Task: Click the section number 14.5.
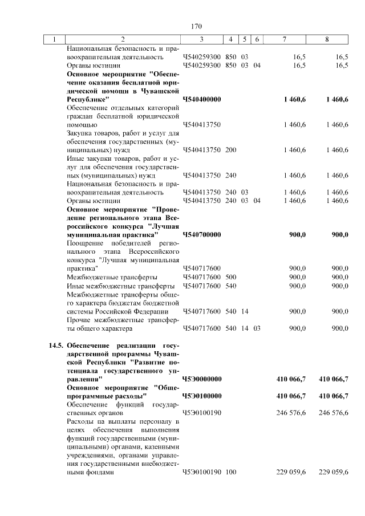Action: [x=56, y=346]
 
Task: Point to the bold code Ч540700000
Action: [x=202, y=234]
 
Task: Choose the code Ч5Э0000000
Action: [x=202, y=379]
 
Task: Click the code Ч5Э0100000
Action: [x=202, y=395]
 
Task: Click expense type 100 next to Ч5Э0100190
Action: [x=230, y=472]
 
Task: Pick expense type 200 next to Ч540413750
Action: [x=230, y=150]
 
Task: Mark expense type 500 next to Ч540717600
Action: [x=230, y=277]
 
